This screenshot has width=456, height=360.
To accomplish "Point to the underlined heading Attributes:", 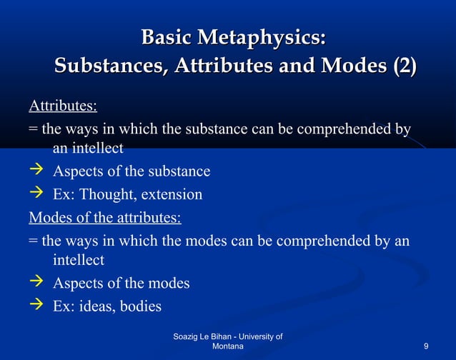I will coord(63,107).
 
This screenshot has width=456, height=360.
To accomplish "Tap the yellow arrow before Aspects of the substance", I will coord(36,171).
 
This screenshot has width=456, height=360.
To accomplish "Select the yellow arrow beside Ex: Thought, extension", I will coord(36,194).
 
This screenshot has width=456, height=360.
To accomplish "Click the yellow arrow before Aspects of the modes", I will coord(36,283).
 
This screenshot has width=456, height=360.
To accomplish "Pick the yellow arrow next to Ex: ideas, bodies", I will coord(36,306).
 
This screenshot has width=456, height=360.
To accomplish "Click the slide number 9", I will coord(426,346).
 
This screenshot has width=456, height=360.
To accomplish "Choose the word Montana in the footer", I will coord(228,346).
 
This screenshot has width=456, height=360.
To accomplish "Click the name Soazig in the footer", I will coord(188,336).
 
